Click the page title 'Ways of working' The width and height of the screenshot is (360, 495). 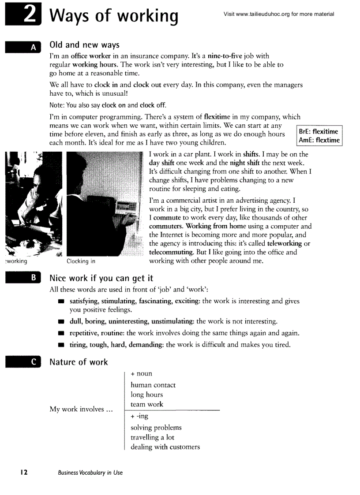click(114, 15)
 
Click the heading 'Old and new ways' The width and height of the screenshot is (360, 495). click(84, 45)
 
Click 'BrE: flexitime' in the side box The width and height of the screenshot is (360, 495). click(318, 131)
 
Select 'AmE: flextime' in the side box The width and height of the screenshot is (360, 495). click(319, 140)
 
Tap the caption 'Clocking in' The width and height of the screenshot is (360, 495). click(81, 261)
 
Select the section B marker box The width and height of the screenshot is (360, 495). click(22, 278)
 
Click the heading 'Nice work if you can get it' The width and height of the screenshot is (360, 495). click(101, 278)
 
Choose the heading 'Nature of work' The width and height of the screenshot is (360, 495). click(79, 362)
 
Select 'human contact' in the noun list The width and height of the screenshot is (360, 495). click(153, 385)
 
